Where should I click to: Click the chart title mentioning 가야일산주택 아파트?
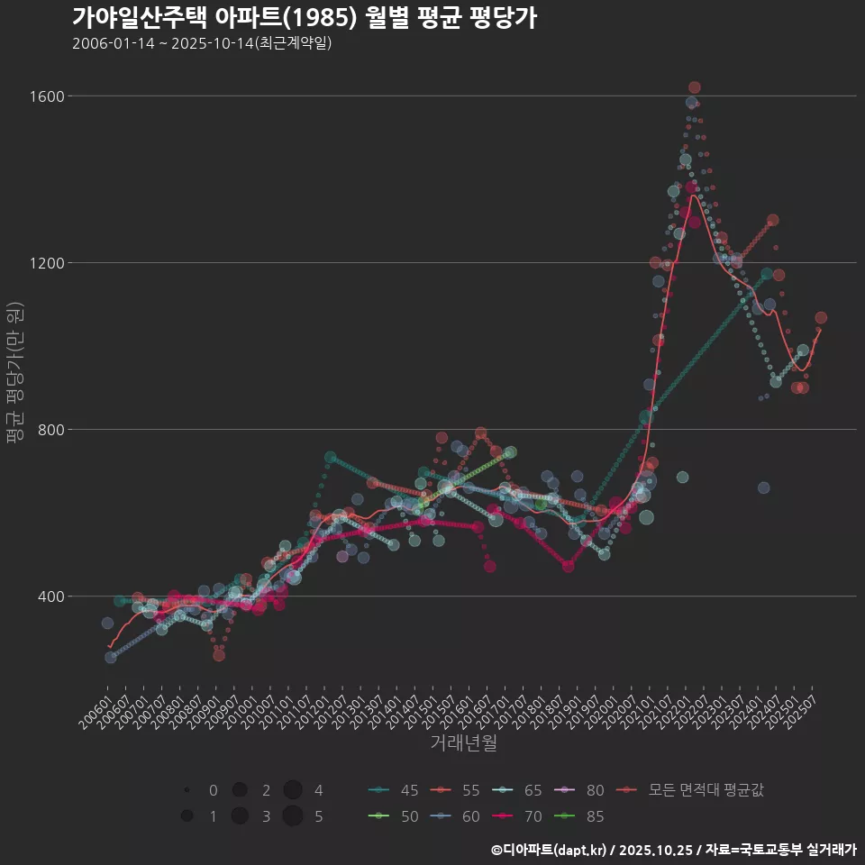coord(305,17)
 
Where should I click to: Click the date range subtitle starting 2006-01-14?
coord(202,43)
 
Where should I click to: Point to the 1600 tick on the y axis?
coord(46,96)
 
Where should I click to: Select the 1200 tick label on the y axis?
coord(46,263)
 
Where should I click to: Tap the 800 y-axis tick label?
coord(50,430)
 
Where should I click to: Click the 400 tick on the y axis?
coord(50,596)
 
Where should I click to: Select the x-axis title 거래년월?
coord(463,743)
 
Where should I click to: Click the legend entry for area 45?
coord(393,790)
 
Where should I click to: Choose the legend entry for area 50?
coord(393,816)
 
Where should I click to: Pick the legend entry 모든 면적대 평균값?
coord(694,790)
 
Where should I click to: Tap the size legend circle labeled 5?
coord(292,816)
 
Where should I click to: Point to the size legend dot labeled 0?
coord(187,790)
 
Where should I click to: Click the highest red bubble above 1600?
coord(694,87)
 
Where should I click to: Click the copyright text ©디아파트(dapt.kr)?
coord(549,850)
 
